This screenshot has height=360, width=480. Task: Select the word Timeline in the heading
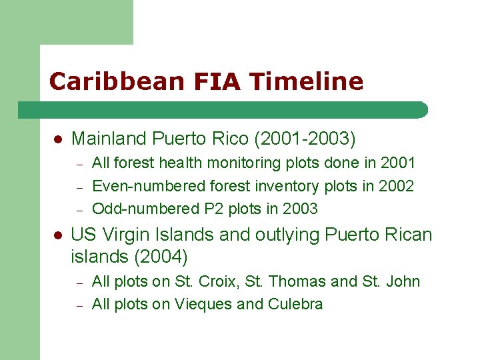(307, 82)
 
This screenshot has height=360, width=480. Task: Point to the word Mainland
(109, 139)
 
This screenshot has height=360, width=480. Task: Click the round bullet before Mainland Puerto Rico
(58, 139)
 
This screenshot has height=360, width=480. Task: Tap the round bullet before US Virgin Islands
(58, 235)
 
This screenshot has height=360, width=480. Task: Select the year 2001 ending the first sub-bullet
(397, 163)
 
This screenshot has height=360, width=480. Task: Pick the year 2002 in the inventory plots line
(396, 186)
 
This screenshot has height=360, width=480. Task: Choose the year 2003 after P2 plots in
(300, 209)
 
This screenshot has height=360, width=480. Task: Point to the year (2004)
(161, 256)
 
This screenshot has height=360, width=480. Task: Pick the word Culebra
(295, 305)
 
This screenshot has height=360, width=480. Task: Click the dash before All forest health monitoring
(79, 163)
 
